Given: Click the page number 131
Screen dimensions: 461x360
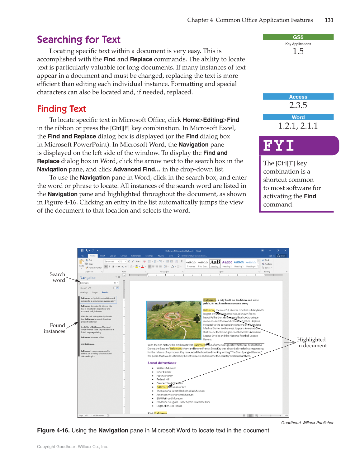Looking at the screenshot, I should pyautogui.click(x=329, y=20).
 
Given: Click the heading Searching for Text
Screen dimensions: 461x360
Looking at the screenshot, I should pyautogui.click(x=78, y=40).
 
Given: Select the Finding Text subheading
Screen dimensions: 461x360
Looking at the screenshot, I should pyautogui.click(x=61, y=109).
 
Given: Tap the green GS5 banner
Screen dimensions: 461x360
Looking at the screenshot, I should pyautogui.click(x=298, y=37).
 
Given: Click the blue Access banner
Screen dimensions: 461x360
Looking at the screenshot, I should pyautogui.click(x=298, y=97).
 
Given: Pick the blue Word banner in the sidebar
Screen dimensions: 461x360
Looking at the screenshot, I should pyautogui.click(x=298, y=117).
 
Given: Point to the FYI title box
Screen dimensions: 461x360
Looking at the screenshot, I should pyautogui.click(x=299, y=146).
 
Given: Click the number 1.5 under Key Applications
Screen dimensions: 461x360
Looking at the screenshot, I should pyautogui.click(x=298, y=51).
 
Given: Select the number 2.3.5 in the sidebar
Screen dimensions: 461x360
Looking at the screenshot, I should pyautogui.click(x=298, y=105).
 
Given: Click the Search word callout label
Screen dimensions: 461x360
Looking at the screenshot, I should pyautogui.click(x=57, y=277).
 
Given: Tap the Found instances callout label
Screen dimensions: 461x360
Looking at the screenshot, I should pyautogui.click(x=54, y=328).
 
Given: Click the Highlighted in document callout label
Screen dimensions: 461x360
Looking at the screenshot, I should pyautogui.click(x=311, y=342).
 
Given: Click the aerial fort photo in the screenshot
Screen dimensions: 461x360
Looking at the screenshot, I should pyautogui.click(x=174, y=320).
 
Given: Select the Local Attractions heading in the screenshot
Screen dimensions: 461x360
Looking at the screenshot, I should pyautogui.click(x=162, y=363).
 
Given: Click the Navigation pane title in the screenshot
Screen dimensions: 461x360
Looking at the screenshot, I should pyautogui.click(x=88, y=277).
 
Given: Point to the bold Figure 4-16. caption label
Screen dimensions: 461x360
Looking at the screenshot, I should pyautogui.click(x=53, y=430).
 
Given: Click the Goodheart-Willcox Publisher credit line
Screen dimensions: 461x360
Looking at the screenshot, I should pyautogui.click(x=307, y=423).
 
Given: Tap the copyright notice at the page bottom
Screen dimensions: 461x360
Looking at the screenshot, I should pyautogui.click(x=72, y=447).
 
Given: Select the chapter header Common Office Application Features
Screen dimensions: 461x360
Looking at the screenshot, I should pyautogui.click(x=264, y=20).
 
